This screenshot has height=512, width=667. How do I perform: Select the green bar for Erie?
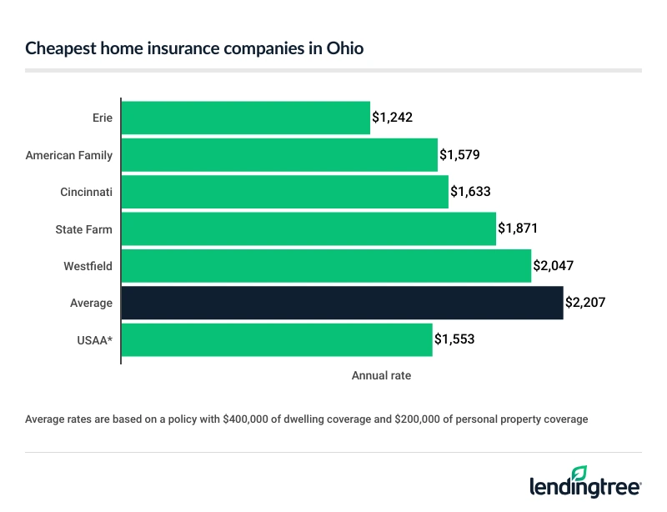246,118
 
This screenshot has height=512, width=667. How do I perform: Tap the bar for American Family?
279,155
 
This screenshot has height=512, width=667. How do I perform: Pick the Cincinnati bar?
284,192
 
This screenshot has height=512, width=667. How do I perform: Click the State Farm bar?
308,228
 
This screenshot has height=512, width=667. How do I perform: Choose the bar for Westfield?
326,266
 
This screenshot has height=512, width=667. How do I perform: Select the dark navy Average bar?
342,303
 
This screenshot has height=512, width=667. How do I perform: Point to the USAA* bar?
277,340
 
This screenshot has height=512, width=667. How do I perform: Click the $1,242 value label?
393,118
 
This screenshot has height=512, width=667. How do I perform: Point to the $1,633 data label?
470,192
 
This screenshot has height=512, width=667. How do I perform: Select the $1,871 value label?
519,228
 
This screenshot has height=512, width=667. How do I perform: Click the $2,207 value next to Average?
585,303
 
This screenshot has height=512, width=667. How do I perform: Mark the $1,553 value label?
455,340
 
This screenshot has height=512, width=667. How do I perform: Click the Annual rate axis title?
381,376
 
